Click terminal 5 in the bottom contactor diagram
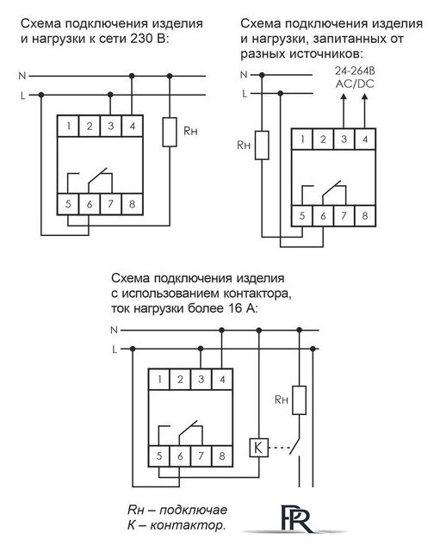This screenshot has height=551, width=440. pos(161,455)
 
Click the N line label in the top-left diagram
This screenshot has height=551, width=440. pos(21,77)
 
